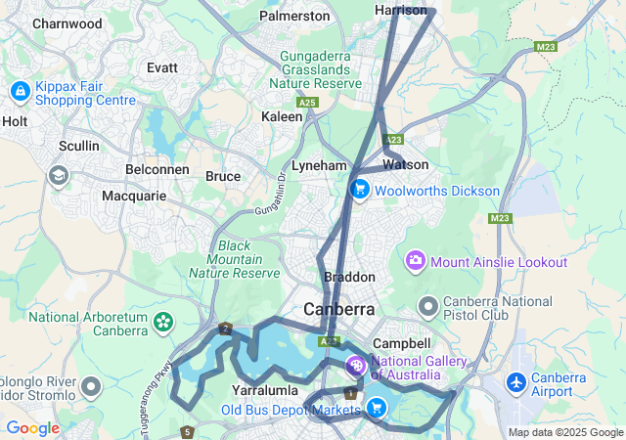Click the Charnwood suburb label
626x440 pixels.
click(67, 22)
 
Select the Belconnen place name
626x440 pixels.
click(157, 169)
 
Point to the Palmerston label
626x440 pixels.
click(294, 16)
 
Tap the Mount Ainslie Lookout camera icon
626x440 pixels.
click(416, 261)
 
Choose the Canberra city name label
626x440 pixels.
click(338, 309)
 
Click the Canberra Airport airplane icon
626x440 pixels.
click(516, 380)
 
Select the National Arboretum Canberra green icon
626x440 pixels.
click(162, 319)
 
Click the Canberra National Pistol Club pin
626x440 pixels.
click(426, 307)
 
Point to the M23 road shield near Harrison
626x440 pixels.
click(546, 46)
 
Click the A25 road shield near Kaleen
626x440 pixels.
click(308, 102)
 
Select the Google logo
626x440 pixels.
click(31, 428)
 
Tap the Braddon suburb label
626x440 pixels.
click(349, 277)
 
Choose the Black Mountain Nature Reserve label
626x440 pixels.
click(235, 259)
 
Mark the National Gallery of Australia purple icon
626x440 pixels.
click(356, 368)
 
